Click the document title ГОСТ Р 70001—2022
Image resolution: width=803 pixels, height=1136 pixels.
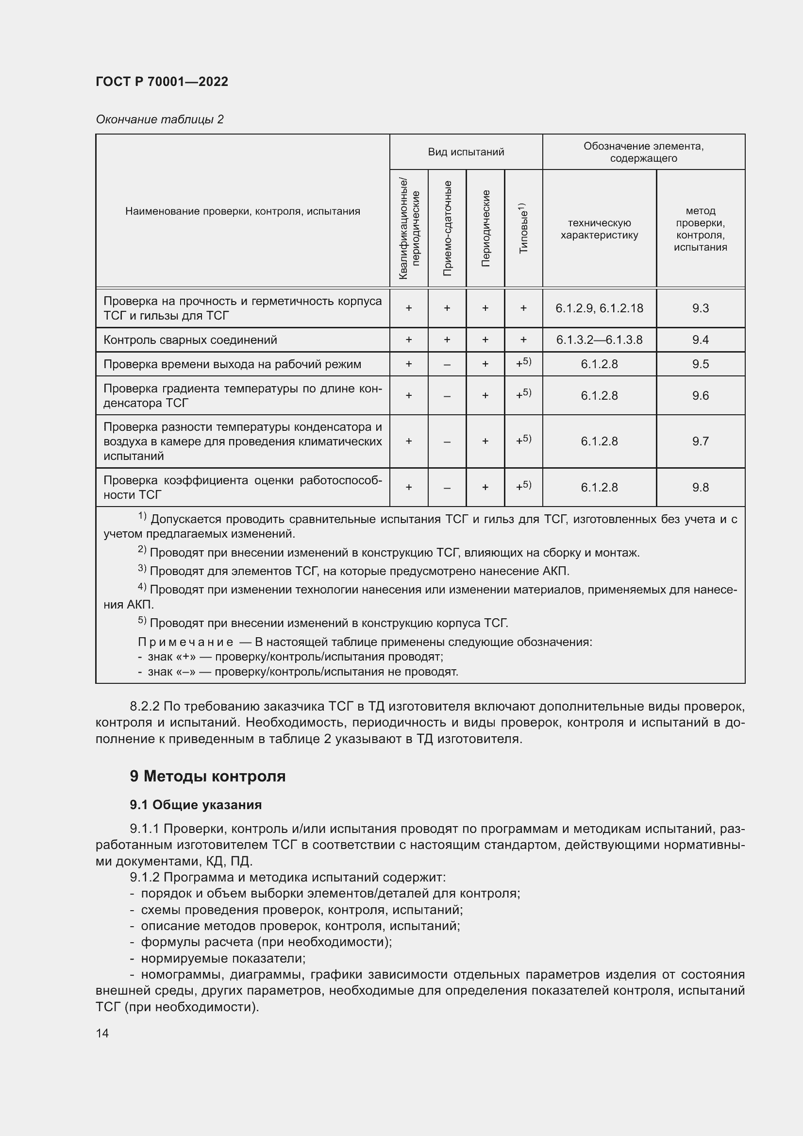tap(162, 82)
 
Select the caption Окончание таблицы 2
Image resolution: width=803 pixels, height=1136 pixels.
tap(159, 119)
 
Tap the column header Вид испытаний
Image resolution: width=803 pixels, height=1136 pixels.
tap(466, 152)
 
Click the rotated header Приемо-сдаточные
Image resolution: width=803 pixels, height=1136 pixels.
tap(447, 228)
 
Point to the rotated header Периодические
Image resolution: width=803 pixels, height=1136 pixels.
tap(485, 228)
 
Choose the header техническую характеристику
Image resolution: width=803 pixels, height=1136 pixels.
tap(599, 229)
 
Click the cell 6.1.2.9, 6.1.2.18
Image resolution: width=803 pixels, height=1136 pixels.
tap(599, 308)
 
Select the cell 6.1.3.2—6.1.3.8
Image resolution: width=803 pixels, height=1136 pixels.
tap(599, 340)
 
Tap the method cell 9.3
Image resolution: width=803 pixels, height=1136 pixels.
tap(700, 308)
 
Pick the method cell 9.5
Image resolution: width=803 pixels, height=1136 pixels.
tap(700, 364)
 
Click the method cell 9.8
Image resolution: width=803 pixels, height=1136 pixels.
tap(700, 487)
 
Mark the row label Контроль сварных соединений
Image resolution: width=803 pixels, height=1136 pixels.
tap(190, 340)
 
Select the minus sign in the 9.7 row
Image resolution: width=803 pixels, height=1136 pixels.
tap(447, 442)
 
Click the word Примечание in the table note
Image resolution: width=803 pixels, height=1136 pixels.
tap(185, 642)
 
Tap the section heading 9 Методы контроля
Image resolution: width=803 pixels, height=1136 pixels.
tap(208, 776)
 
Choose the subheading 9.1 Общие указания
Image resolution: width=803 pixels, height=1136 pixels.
tap(196, 804)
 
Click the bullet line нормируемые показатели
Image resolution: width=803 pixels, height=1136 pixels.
tap(223, 958)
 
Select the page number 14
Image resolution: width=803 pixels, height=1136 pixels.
tap(102, 1033)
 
